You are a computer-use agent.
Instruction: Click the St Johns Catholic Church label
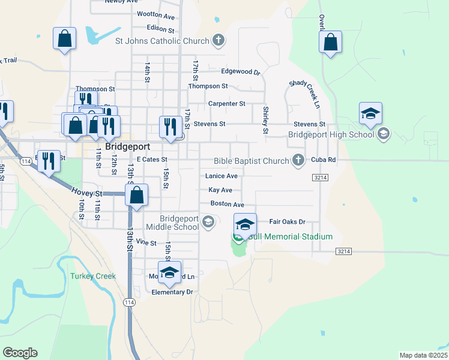point(162,41)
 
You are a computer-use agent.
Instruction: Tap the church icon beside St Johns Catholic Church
point(218,41)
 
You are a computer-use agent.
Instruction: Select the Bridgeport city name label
point(127,146)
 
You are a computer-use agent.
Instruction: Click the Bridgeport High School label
point(331,134)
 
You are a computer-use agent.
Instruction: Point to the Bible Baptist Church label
point(252,160)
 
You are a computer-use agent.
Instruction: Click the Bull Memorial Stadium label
point(290,236)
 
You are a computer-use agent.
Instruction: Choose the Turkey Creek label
point(92,276)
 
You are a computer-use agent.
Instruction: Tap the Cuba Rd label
point(324,160)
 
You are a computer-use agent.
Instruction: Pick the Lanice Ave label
point(221,176)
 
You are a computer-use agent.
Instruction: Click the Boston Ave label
point(227,204)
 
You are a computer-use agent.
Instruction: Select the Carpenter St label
point(227,103)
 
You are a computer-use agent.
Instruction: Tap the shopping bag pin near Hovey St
point(137,194)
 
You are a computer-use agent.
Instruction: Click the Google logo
point(20,353)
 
